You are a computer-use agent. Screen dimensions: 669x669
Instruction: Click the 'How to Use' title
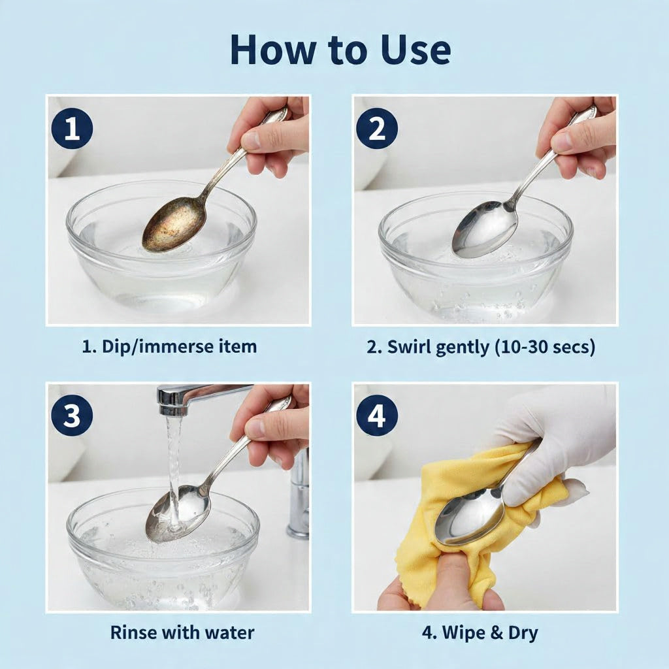340,50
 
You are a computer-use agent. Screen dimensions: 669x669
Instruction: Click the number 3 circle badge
72,416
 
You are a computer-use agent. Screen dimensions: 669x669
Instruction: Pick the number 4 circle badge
377,416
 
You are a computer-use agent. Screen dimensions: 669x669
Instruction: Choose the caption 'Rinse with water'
182,632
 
